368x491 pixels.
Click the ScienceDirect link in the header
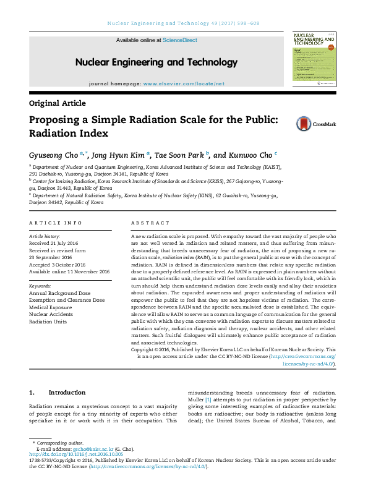click(x=180, y=40)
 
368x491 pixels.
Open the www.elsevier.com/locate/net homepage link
click(x=184, y=83)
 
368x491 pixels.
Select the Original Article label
click(x=58, y=103)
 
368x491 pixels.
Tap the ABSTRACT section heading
click(x=150, y=223)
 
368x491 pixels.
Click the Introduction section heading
click(x=67, y=393)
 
